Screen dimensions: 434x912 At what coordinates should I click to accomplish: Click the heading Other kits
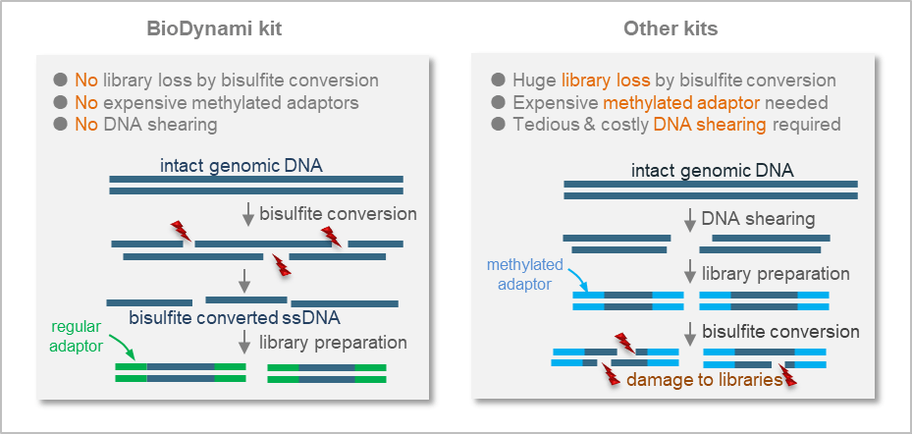pyautogui.click(x=671, y=28)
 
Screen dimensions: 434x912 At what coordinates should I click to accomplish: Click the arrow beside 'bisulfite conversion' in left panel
pyautogui.click(x=247, y=213)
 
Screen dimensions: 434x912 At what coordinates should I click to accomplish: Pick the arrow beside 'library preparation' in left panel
pyautogui.click(x=245, y=342)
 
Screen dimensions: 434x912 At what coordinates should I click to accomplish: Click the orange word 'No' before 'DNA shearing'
pyautogui.click(x=87, y=125)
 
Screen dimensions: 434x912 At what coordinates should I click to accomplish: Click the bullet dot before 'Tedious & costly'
pyautogui.click(x=498, y=125)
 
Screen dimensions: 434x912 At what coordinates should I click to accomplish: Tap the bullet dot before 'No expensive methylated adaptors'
pyautogui.click(x=61, y=102)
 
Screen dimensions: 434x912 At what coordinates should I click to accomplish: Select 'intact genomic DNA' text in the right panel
pyautogui.click(x=712, y=170)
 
